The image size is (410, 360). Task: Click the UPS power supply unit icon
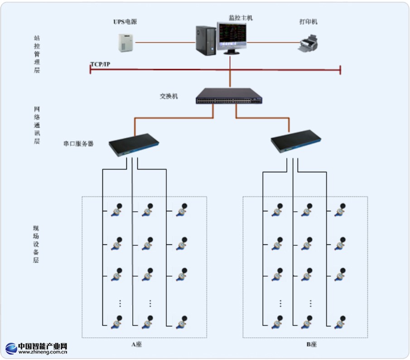125,42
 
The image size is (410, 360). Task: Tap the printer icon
309,44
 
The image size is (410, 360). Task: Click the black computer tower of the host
206,40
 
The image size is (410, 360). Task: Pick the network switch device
230,96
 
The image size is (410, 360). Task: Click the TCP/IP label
100,64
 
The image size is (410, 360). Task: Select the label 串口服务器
78,144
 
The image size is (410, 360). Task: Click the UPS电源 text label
125,21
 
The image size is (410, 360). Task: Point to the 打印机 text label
309,21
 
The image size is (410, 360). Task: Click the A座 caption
137,345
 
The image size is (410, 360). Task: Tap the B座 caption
311,345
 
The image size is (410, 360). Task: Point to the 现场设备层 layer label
36,243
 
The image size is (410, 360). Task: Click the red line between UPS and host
165,43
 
